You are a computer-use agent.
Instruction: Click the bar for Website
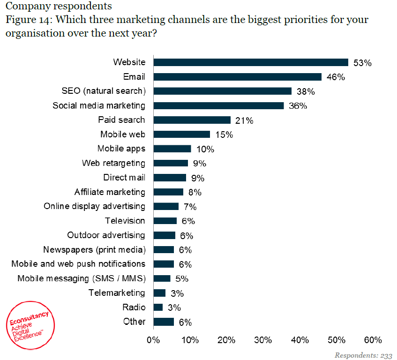[251, 62]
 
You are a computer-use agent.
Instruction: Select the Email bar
[238, 77]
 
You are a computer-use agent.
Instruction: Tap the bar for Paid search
[192, 120]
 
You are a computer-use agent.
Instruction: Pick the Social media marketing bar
[219, 105]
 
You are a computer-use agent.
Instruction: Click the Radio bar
[158, 307]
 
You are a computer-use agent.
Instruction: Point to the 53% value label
[362, 63]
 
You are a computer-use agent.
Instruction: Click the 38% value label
[305, 91]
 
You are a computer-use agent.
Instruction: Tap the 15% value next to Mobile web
[224, 135]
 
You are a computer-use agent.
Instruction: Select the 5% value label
[182, 279]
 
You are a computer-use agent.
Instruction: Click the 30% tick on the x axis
[263, 340]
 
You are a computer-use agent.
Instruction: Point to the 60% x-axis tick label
[373, 340]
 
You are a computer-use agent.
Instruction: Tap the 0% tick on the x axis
[153, 340]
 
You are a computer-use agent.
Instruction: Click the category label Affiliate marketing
[110, 192]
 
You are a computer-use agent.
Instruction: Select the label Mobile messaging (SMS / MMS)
[82, 278]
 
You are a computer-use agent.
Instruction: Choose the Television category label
[125, 221]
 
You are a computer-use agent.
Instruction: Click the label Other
[134, 322]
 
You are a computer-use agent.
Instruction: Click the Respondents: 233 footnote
[363, 355]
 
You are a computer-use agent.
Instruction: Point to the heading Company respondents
[59, 6]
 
